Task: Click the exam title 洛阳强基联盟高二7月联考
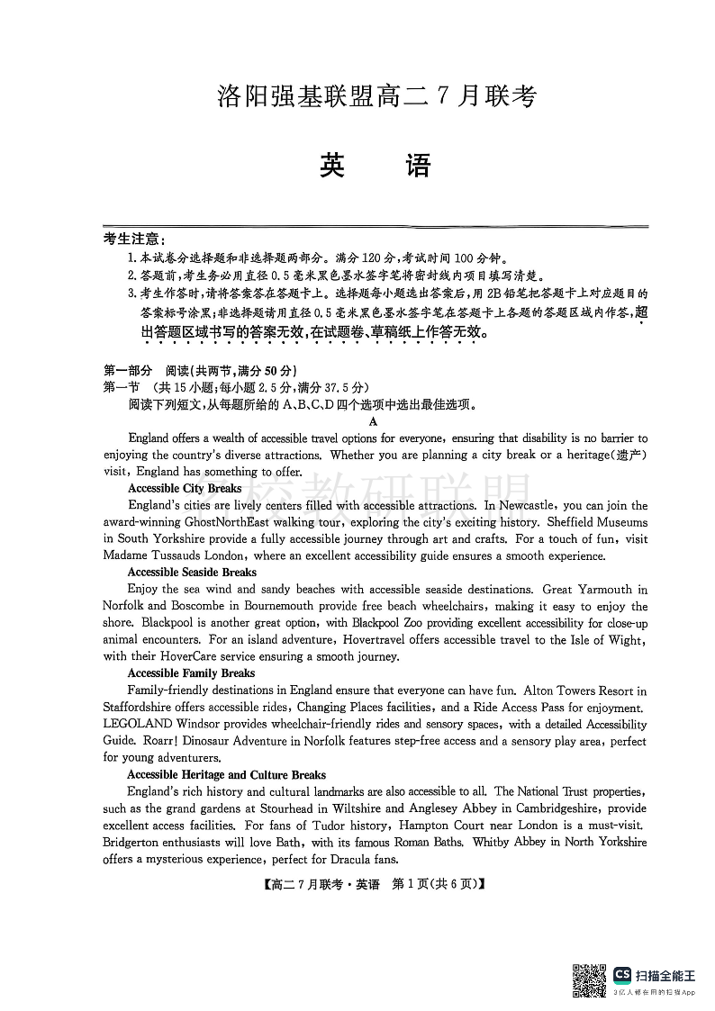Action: (x=376, y=96)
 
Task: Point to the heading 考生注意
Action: (x=133, y=239)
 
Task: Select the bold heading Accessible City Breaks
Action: (x=185, y=488)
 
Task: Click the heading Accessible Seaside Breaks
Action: (x=192, y=572)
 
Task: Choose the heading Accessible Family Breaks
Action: (x=191, y=672)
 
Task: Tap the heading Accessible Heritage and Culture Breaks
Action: (x=226, y=774)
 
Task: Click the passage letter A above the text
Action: (x=373, y=421)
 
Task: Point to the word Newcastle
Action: (x=526, y=505)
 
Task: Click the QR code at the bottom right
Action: (x=590, y=979)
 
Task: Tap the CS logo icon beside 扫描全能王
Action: (x=621, y=975)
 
